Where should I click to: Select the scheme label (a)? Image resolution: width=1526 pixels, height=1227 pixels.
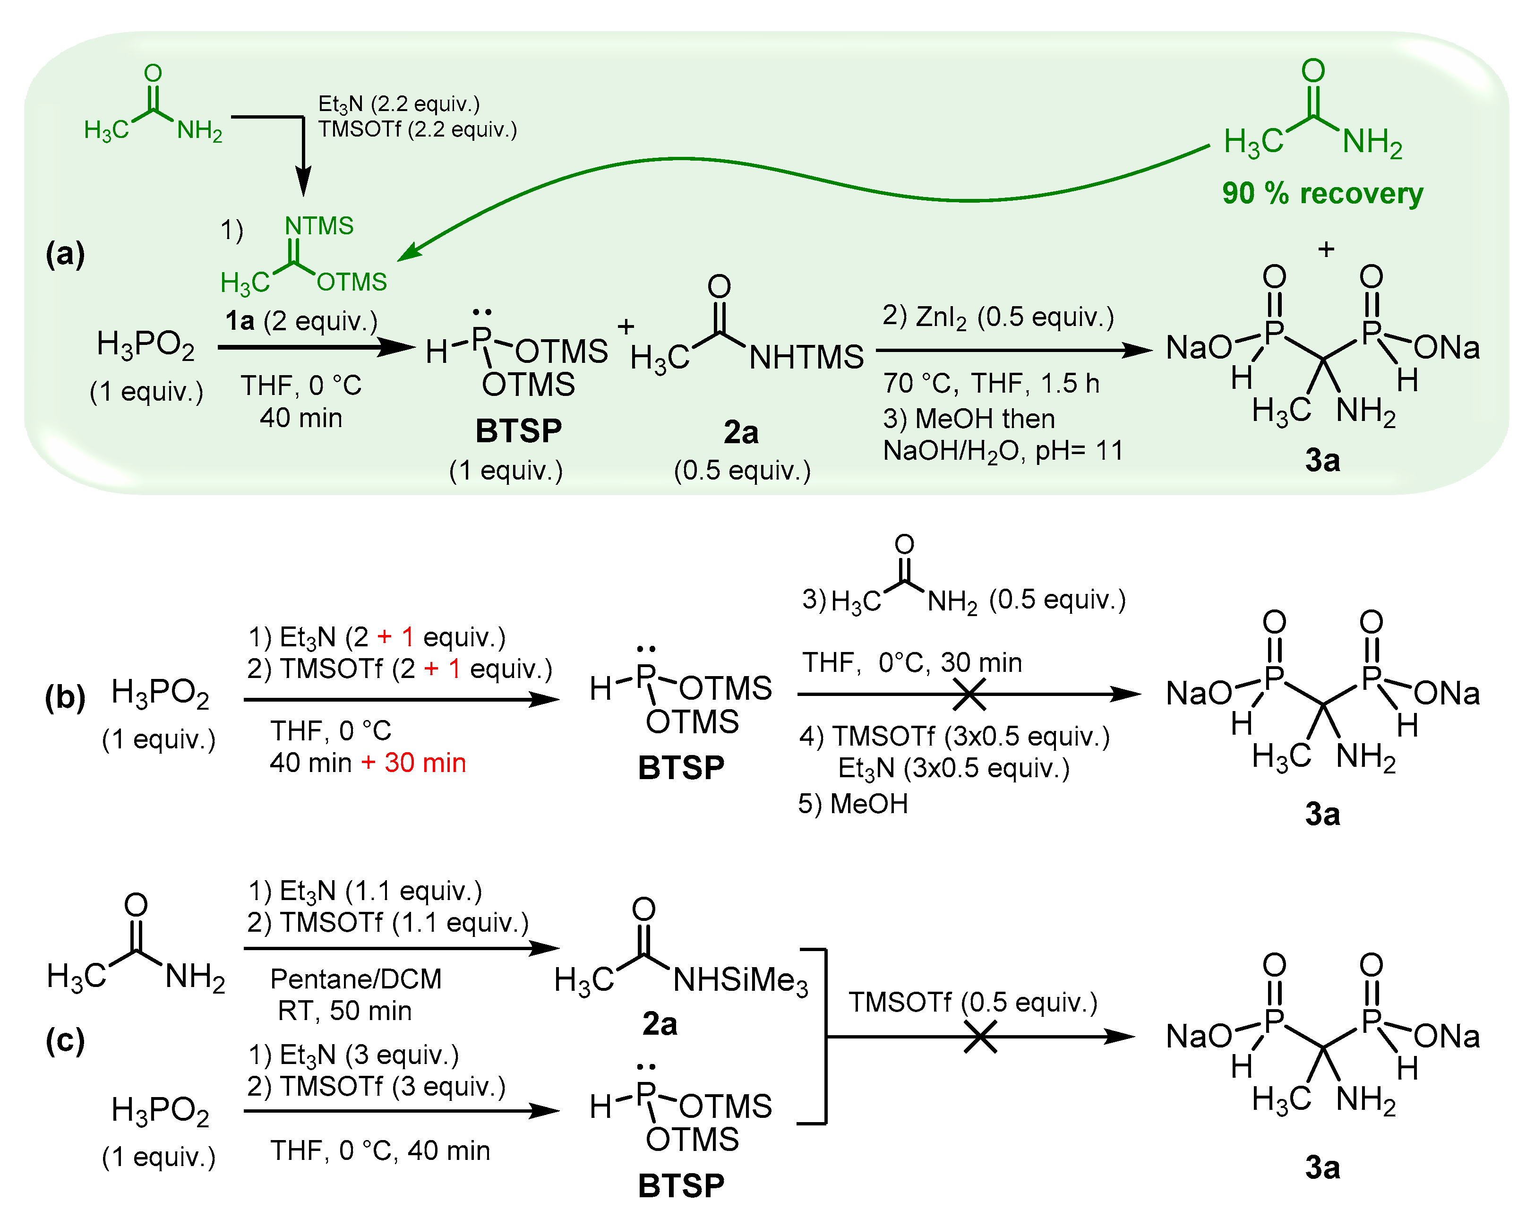tap(65, 253)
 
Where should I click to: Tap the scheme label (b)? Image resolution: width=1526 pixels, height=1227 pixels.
tap(65, 697)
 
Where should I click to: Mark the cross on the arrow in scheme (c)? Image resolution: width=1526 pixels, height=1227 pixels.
tap(980, 1037)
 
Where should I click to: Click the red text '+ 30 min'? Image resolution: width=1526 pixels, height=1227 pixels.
tap(414, 763)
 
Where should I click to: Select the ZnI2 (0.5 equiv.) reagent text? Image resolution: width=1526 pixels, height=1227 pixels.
tap(998, 317)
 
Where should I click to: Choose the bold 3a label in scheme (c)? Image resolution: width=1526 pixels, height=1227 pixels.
tap(1322, 1167)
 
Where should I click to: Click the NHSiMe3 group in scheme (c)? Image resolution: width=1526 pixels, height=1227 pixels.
tap(740, 981)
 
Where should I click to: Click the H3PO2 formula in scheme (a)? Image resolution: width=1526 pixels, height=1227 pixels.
tap(145, 345)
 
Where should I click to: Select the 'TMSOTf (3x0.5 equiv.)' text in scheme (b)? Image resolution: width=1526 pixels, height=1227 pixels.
tap(954, 736)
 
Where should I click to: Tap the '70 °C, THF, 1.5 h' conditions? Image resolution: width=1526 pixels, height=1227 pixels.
tap(991, 383)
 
